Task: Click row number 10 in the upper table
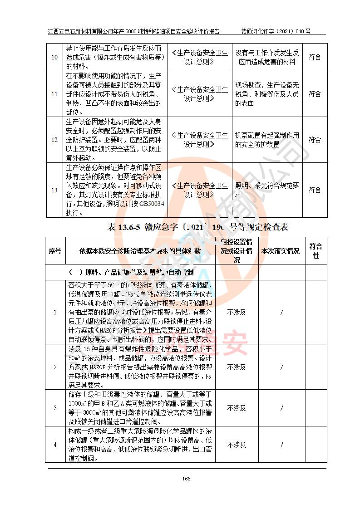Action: click(x=54, y=58)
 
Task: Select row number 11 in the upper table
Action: click(x=54, y=94)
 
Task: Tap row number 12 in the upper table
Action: click(x=54, y=140)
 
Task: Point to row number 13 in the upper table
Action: click(x=54, y=190)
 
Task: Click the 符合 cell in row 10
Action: click(x=315, y=58)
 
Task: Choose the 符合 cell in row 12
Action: click(x=315, y=140)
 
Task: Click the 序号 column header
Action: click(x=55, y=251)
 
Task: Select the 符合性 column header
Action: click(x=316, y=251)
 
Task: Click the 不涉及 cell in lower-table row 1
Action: click(x=237, y=312)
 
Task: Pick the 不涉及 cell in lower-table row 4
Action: click(x=237, y=445)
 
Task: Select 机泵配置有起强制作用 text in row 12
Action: click(x=267, y=135)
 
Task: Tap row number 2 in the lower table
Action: click(x=55, y=367)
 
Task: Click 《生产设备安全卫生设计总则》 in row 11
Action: click(x=200, y=94)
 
